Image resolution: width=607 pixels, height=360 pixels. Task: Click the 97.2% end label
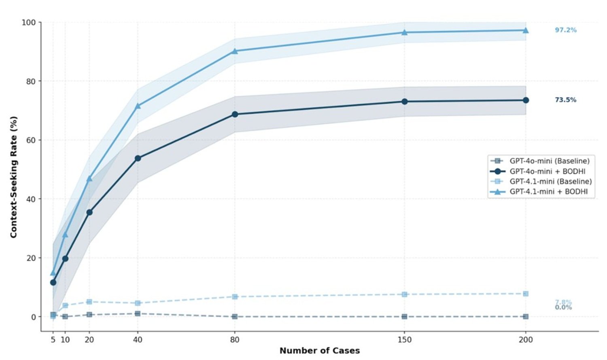565,30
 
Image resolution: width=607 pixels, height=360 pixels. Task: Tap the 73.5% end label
565,100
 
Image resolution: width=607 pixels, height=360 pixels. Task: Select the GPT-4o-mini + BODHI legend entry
547,171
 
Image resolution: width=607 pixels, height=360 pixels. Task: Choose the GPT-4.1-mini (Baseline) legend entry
550,181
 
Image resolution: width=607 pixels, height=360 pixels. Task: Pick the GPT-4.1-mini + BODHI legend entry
548,192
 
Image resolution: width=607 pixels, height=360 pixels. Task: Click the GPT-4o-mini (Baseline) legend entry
549,161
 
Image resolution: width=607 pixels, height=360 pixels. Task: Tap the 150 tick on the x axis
404,340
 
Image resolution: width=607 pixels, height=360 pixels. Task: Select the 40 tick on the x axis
138,340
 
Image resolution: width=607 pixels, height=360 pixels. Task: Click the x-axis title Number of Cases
319,351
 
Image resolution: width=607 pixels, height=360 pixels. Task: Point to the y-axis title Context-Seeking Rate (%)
14,177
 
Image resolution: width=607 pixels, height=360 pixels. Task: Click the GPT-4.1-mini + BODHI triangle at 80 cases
235,51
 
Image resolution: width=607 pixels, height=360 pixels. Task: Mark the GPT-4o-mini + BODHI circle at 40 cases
138,158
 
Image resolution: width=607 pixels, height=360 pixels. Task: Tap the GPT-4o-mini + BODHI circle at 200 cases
526,100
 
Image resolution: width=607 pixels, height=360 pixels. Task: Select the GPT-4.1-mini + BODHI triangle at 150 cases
404,32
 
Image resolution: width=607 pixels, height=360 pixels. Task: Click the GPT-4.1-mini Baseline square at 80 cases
235,297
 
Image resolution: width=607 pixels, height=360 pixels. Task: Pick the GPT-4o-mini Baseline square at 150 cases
404,317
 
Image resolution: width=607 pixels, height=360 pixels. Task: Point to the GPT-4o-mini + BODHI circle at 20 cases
89,212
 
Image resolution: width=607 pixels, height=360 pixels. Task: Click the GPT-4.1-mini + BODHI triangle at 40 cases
138,106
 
